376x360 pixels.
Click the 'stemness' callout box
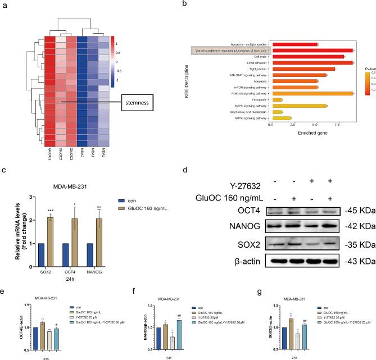click(139, 102)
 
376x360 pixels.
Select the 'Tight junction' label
click(251, 69)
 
